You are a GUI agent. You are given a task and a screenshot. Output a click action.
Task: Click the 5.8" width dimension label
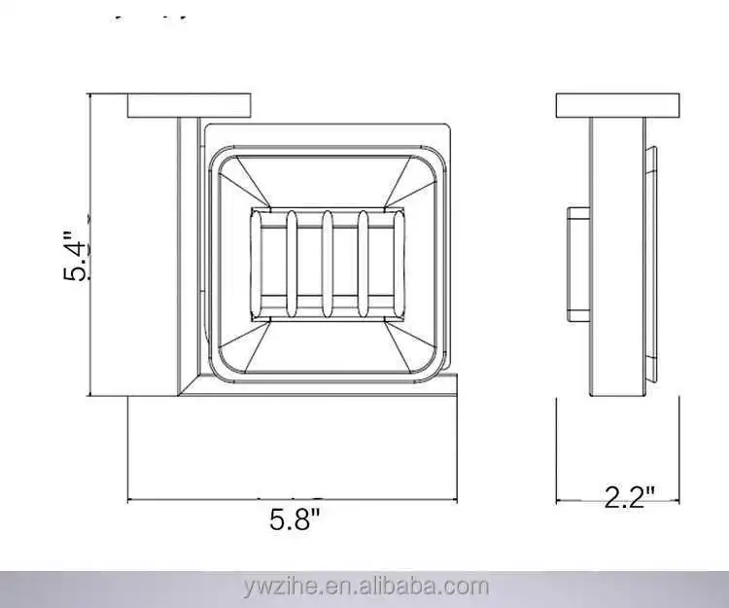295,520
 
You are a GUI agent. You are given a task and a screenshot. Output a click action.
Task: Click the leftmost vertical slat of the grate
291,264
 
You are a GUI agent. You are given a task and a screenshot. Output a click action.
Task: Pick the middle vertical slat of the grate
328,264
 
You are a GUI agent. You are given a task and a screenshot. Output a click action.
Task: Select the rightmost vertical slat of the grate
364,264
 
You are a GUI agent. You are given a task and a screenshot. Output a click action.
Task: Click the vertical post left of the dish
186,253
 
